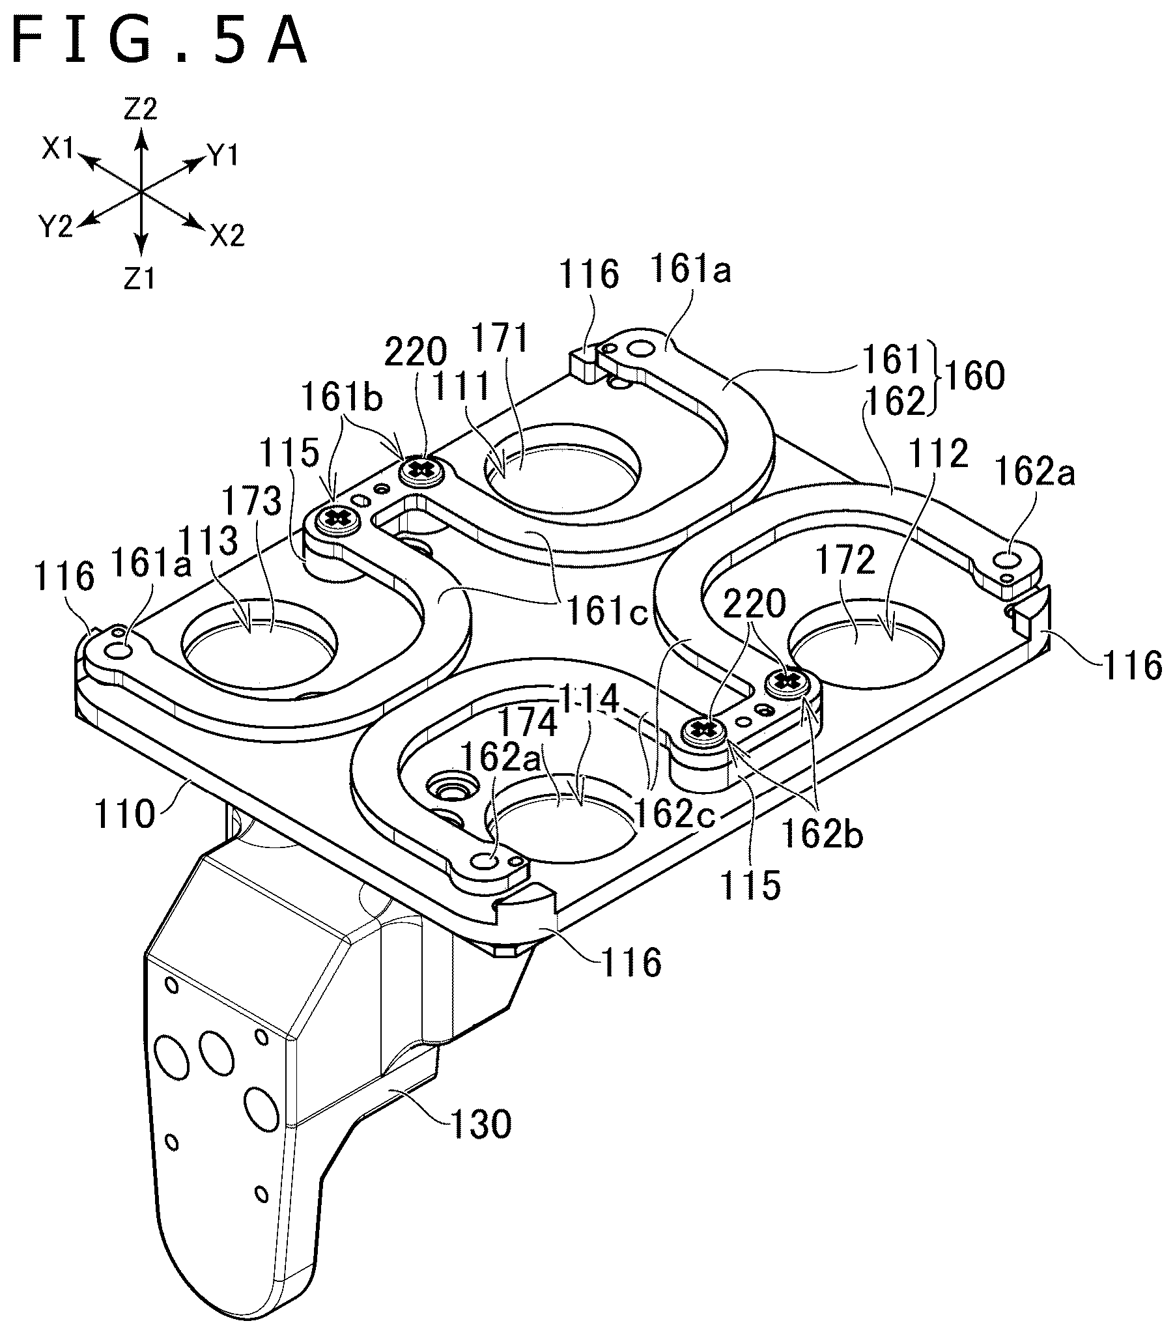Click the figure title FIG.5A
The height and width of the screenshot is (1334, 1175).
pos(159,41)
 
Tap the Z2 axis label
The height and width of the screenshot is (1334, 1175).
pos(140,109)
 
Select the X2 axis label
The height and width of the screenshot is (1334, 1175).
pos(227,235)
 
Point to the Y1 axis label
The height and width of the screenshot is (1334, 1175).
pos(223,154)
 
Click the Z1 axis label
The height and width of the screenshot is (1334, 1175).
pos(139,279)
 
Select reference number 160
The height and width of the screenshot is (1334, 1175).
pos(974,376)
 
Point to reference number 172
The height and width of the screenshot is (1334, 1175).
pos(846,561)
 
